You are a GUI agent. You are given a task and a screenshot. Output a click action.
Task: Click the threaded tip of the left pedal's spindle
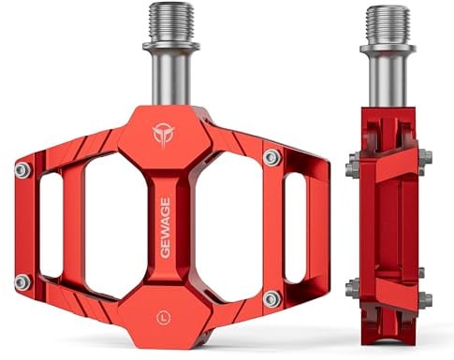click(x=171, y=22)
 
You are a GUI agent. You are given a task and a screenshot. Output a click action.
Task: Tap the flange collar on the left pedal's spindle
click(x=171, y=47)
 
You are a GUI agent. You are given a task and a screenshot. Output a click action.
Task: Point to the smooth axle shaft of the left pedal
click(x=171, y=78)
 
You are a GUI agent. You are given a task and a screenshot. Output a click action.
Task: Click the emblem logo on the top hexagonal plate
click(x=162, y=134)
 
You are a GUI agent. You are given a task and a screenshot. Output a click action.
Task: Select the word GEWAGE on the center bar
click(x=165, y=228)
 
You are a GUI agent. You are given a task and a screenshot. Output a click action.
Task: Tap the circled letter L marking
click(x=164, y=318)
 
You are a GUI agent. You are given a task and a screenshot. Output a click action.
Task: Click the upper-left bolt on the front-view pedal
click(x=23, y=170)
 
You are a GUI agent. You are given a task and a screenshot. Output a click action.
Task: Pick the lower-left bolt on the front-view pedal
click(x=23, y=282)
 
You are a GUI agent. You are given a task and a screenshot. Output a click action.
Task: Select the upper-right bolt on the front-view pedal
click(x=272, y=158)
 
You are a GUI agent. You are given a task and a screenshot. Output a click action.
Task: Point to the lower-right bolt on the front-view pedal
click(x=272, y=298)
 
